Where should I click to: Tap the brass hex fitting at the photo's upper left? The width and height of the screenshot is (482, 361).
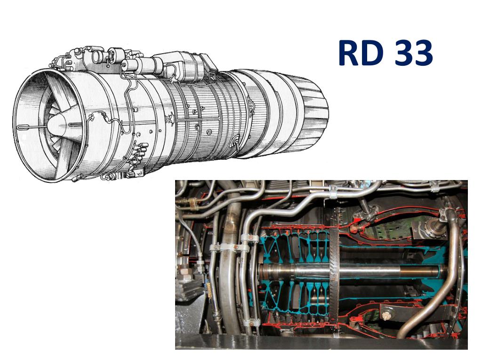192,203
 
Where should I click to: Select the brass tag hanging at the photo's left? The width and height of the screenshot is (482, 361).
209,290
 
